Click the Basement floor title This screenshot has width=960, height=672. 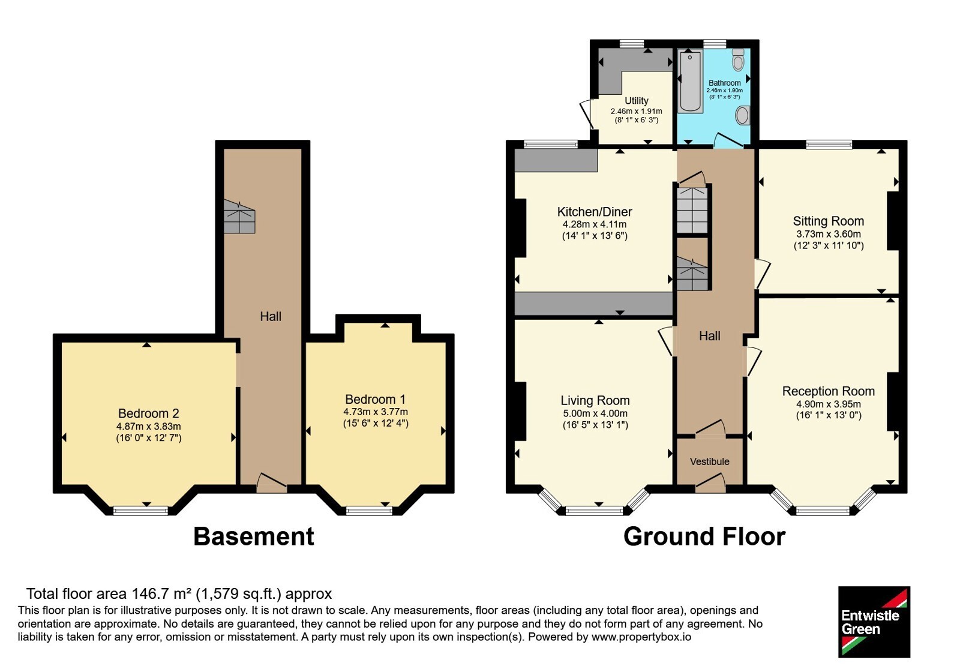click(x=254, y=536)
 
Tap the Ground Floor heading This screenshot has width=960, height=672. click(x=704, y=536)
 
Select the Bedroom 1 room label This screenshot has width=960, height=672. click(x=375, y=400)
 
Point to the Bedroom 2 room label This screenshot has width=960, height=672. click(x=148, y=413)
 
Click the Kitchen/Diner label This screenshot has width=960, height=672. click(x=595, y=212)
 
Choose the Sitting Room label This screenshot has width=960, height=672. click(x=828, y=221)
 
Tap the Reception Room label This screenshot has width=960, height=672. click(x=828, y=391)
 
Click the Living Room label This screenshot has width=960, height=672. click(x=595, y=401)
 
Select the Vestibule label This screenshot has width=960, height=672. click(x=709, y=461)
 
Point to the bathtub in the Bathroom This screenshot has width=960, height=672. click(x=691, y=81)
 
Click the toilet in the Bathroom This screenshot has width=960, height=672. click(x=738, y=60)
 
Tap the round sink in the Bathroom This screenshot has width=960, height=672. click(x=743, y=115)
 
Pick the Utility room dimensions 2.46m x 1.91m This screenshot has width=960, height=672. click(x=636, y=112)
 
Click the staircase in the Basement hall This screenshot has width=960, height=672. click(x=239, y=217)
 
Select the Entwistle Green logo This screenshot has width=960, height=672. click(x=874, y=622)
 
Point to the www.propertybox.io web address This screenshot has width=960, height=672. click(x=641, y=637)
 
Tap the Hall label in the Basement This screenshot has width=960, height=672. click(x=271, y=317)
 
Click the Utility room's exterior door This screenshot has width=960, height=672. click(x=586, y=115)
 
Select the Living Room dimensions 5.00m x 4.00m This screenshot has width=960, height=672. click(x=595, y=413)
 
